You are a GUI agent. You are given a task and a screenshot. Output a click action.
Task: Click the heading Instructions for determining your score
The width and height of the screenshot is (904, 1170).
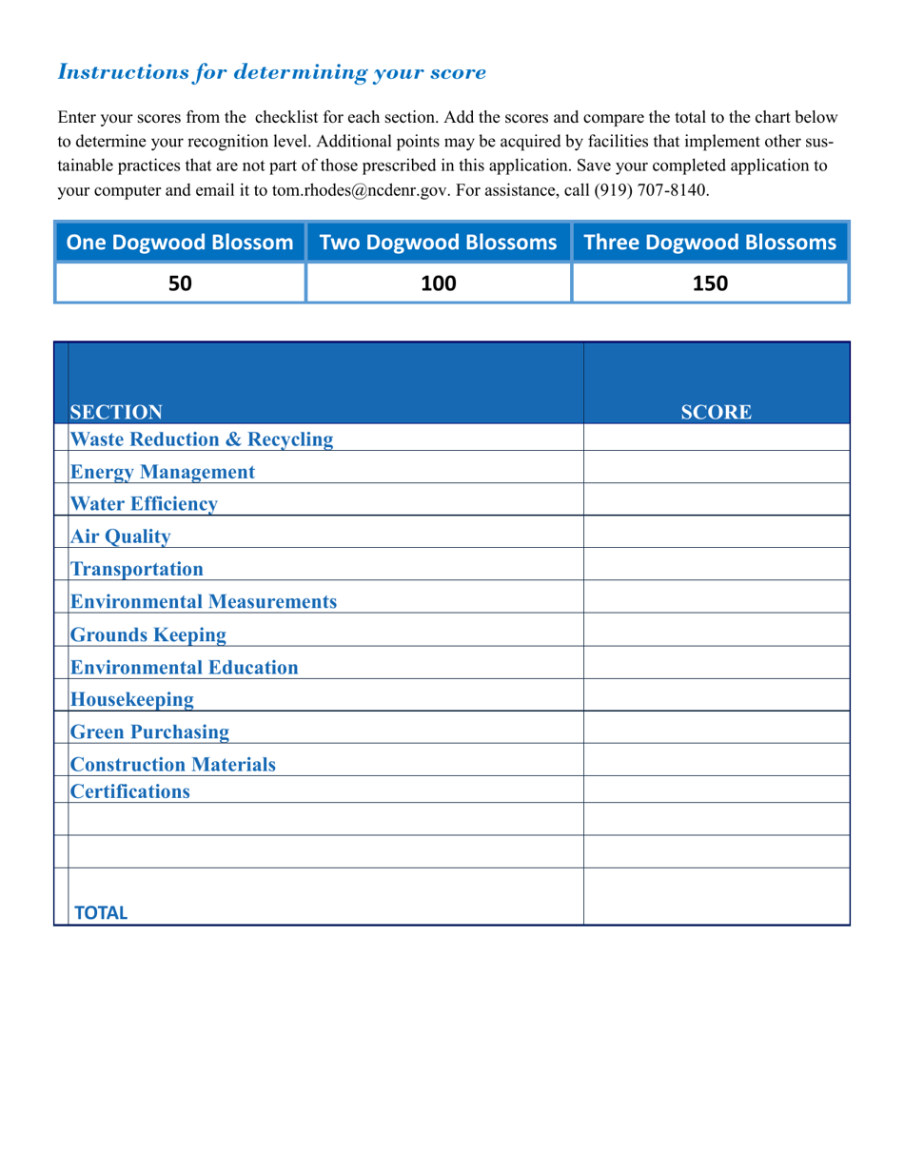(x=272, y=72)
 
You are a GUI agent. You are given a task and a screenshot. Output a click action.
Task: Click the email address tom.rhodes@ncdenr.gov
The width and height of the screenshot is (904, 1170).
(x=360, y=190)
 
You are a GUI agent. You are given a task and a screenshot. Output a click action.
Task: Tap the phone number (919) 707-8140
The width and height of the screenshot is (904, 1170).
(x=652, y=190)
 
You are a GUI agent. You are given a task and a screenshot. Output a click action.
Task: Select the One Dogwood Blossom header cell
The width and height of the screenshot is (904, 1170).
(x=180, y=243)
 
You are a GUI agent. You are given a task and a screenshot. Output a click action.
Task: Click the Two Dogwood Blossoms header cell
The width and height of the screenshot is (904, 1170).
(x=439, y=243)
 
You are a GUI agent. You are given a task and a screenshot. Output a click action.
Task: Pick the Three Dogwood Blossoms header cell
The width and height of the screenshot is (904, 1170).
(x=710, y=243)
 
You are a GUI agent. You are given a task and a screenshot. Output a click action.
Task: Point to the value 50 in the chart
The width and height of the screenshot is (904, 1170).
(x=180, y=283)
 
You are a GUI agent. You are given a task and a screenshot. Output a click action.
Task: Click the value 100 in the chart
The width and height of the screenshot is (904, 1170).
(x=439, y=283)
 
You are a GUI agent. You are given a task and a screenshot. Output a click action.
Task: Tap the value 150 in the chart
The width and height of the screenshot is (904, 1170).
(x=710, y=283)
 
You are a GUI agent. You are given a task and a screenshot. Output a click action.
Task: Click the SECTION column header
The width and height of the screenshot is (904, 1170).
(x=116, y=412)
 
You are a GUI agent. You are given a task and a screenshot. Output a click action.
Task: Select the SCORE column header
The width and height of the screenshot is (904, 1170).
(x=716, y=412)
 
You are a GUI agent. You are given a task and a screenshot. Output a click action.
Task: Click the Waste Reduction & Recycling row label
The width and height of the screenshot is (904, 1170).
(x=202, y=439)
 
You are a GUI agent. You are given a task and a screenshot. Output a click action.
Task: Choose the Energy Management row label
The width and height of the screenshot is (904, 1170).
(x=163, y=471)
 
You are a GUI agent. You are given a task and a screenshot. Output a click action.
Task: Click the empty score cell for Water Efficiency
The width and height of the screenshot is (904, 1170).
(x=716, y=499)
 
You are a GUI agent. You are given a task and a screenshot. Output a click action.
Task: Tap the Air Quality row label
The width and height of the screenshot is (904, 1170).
(x=121, y=536)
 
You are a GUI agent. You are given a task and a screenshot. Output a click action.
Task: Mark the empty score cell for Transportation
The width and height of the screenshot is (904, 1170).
(x=716, y=564)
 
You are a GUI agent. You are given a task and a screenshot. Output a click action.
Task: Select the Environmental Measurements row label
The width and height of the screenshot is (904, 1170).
(x=204, y=601)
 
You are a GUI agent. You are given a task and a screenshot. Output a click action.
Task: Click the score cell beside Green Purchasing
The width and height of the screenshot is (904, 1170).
(x=716, y=727)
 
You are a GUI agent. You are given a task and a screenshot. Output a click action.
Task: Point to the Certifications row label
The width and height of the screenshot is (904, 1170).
(x=130, y=790)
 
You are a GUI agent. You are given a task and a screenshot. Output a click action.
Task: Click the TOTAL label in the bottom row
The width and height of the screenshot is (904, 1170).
(x=101, y=912)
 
